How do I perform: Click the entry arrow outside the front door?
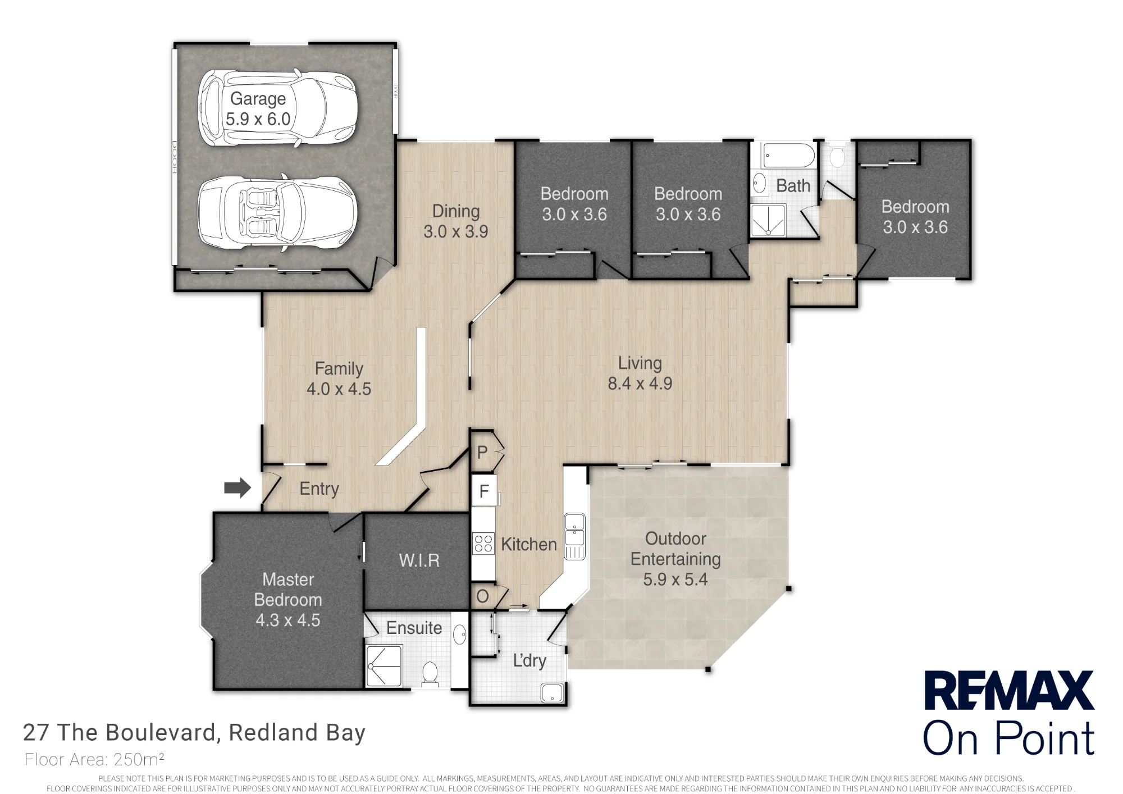[x=238, y=487]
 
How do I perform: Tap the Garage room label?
[x=258, y=98]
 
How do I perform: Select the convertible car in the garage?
[x=277, y=213]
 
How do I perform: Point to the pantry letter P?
[x=482, y=452]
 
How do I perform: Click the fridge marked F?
[x=483, y=491]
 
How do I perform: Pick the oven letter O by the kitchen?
[x=482, y=596]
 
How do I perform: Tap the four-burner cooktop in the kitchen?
[x=483, y=543]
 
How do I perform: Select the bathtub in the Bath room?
[x=788, y=156]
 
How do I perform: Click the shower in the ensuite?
[x=384, y=666]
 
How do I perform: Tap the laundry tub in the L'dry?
[x=552, y=692]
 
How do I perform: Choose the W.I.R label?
[x=419, y=560]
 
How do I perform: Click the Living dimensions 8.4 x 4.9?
[x=640, y=384]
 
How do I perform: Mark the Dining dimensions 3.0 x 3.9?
[x=455, y=231]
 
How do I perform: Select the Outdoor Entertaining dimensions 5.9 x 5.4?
[x=675, y=579]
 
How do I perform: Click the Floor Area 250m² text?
[x=94, y=759]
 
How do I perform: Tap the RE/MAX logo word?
[x=1009, y=691]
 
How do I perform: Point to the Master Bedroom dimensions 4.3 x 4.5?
[x=287, y=620]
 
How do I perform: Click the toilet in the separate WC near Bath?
[x=837, y=156]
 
